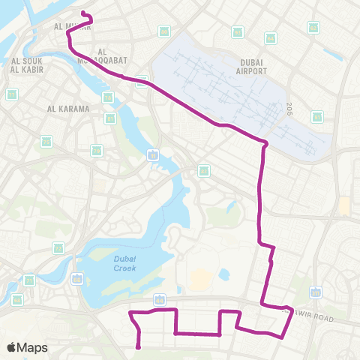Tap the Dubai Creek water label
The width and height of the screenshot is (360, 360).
point(124,263)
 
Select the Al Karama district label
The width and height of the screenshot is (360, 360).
point(68,109)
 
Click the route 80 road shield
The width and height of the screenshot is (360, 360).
point(164,31)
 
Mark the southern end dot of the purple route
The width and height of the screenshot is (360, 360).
point(139,346)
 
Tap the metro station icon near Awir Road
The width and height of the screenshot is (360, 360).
point(316,291)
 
